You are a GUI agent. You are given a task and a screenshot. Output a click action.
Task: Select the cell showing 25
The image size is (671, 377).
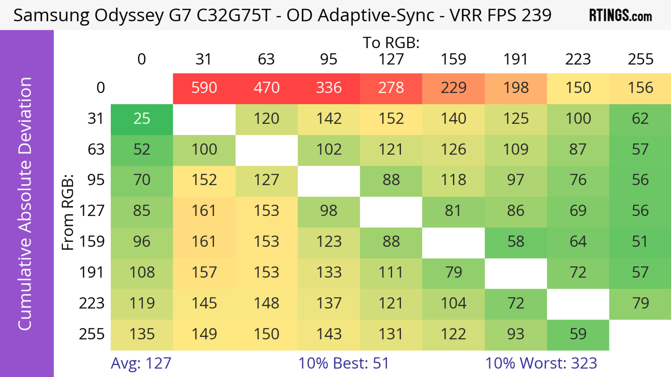click(142, 119)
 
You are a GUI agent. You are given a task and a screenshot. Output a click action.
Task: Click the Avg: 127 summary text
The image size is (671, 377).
click(141, 363)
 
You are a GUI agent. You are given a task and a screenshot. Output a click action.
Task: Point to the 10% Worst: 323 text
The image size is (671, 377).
click(541, 363)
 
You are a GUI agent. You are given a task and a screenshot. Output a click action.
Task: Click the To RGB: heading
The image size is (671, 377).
click(391, 42)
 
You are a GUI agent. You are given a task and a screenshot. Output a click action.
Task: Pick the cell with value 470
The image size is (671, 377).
click(266, 88)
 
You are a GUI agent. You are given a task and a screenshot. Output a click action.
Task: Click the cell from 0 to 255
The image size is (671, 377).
click(640, 88)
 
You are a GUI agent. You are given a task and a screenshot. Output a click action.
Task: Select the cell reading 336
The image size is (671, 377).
click(329, 88)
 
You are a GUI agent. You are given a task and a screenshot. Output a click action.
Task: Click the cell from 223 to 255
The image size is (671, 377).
click(640, 303)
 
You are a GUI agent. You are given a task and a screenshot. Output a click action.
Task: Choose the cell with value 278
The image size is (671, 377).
click(391, 88)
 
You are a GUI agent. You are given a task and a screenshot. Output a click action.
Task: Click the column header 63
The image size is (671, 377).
click(266, 59)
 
